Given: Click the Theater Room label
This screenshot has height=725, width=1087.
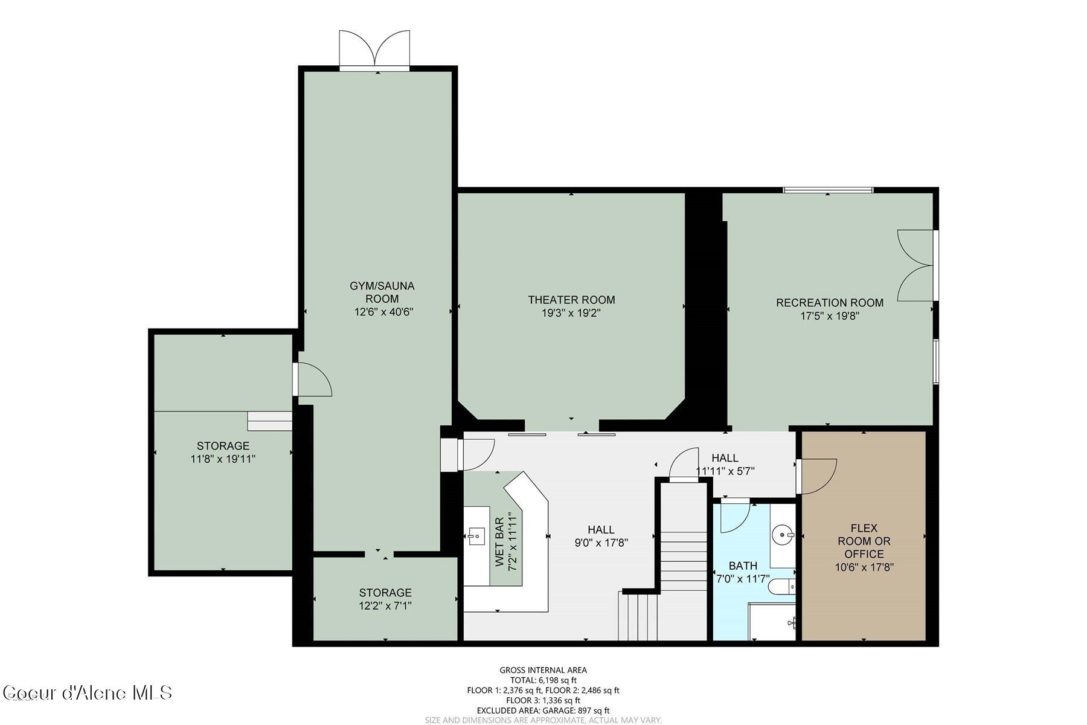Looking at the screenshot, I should coord(571,300).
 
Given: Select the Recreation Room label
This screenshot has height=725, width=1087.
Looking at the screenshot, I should coord(829,303).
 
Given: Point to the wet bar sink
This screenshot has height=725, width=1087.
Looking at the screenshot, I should coord(476,535).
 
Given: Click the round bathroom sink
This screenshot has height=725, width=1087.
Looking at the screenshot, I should coord(783,534).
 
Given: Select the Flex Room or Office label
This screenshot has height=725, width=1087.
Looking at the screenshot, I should coord(864,541).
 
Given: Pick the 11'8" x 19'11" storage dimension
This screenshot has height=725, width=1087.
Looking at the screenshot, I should coord(223,459).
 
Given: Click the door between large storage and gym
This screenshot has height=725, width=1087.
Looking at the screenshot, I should coord(313,379).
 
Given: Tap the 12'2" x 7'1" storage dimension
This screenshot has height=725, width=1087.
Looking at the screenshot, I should coord(385,605).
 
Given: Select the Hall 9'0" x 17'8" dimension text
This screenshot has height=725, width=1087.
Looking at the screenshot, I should coord(601,543).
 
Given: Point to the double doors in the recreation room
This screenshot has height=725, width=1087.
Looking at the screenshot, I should coord(915,265).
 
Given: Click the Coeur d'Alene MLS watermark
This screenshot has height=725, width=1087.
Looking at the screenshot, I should coord(88,692).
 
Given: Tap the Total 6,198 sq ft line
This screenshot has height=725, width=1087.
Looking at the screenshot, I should coord(543,680).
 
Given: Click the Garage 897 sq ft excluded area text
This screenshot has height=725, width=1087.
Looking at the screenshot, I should coord(543,710).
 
